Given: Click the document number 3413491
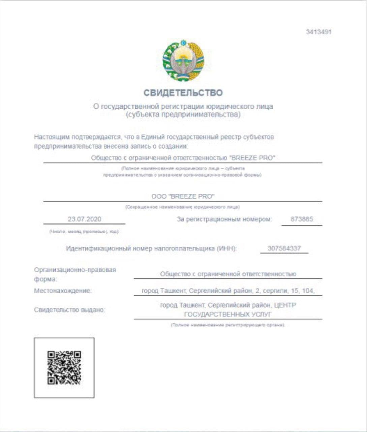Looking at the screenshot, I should tap(318, 32).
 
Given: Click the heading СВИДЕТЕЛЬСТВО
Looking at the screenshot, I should tap(183, 93).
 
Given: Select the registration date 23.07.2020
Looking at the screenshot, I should tap(84, 219).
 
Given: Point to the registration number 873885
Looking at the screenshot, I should tap(302, 219).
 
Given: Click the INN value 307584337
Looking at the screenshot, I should tap(284, 248).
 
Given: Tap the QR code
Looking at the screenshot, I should tap(64, 368).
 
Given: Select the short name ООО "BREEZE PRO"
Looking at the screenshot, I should tap(183, 196).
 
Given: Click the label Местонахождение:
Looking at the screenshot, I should tap(63, 291).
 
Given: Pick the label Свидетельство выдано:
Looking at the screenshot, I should tap(69, 309).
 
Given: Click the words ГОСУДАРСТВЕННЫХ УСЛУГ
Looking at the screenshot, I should tap(228, 315).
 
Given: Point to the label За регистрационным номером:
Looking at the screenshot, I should tap(224, 219).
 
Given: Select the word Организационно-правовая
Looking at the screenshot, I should tap(75, 270).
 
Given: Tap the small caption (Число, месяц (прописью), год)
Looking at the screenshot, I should tap(84, 232).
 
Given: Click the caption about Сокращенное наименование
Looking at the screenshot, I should tap(182, 207).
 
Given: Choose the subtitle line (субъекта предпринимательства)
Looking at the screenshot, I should tap(183, 114).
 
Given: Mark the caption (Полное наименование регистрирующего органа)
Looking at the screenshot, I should tap(228, 325).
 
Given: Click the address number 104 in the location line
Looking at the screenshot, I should tap(308, 291).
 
